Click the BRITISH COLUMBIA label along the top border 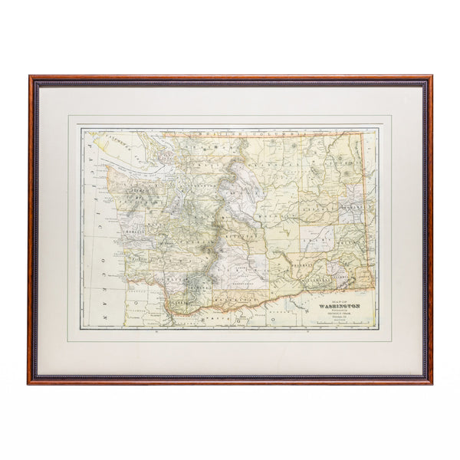[x=230, y=135]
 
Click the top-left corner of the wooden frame [x=31, y=77]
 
